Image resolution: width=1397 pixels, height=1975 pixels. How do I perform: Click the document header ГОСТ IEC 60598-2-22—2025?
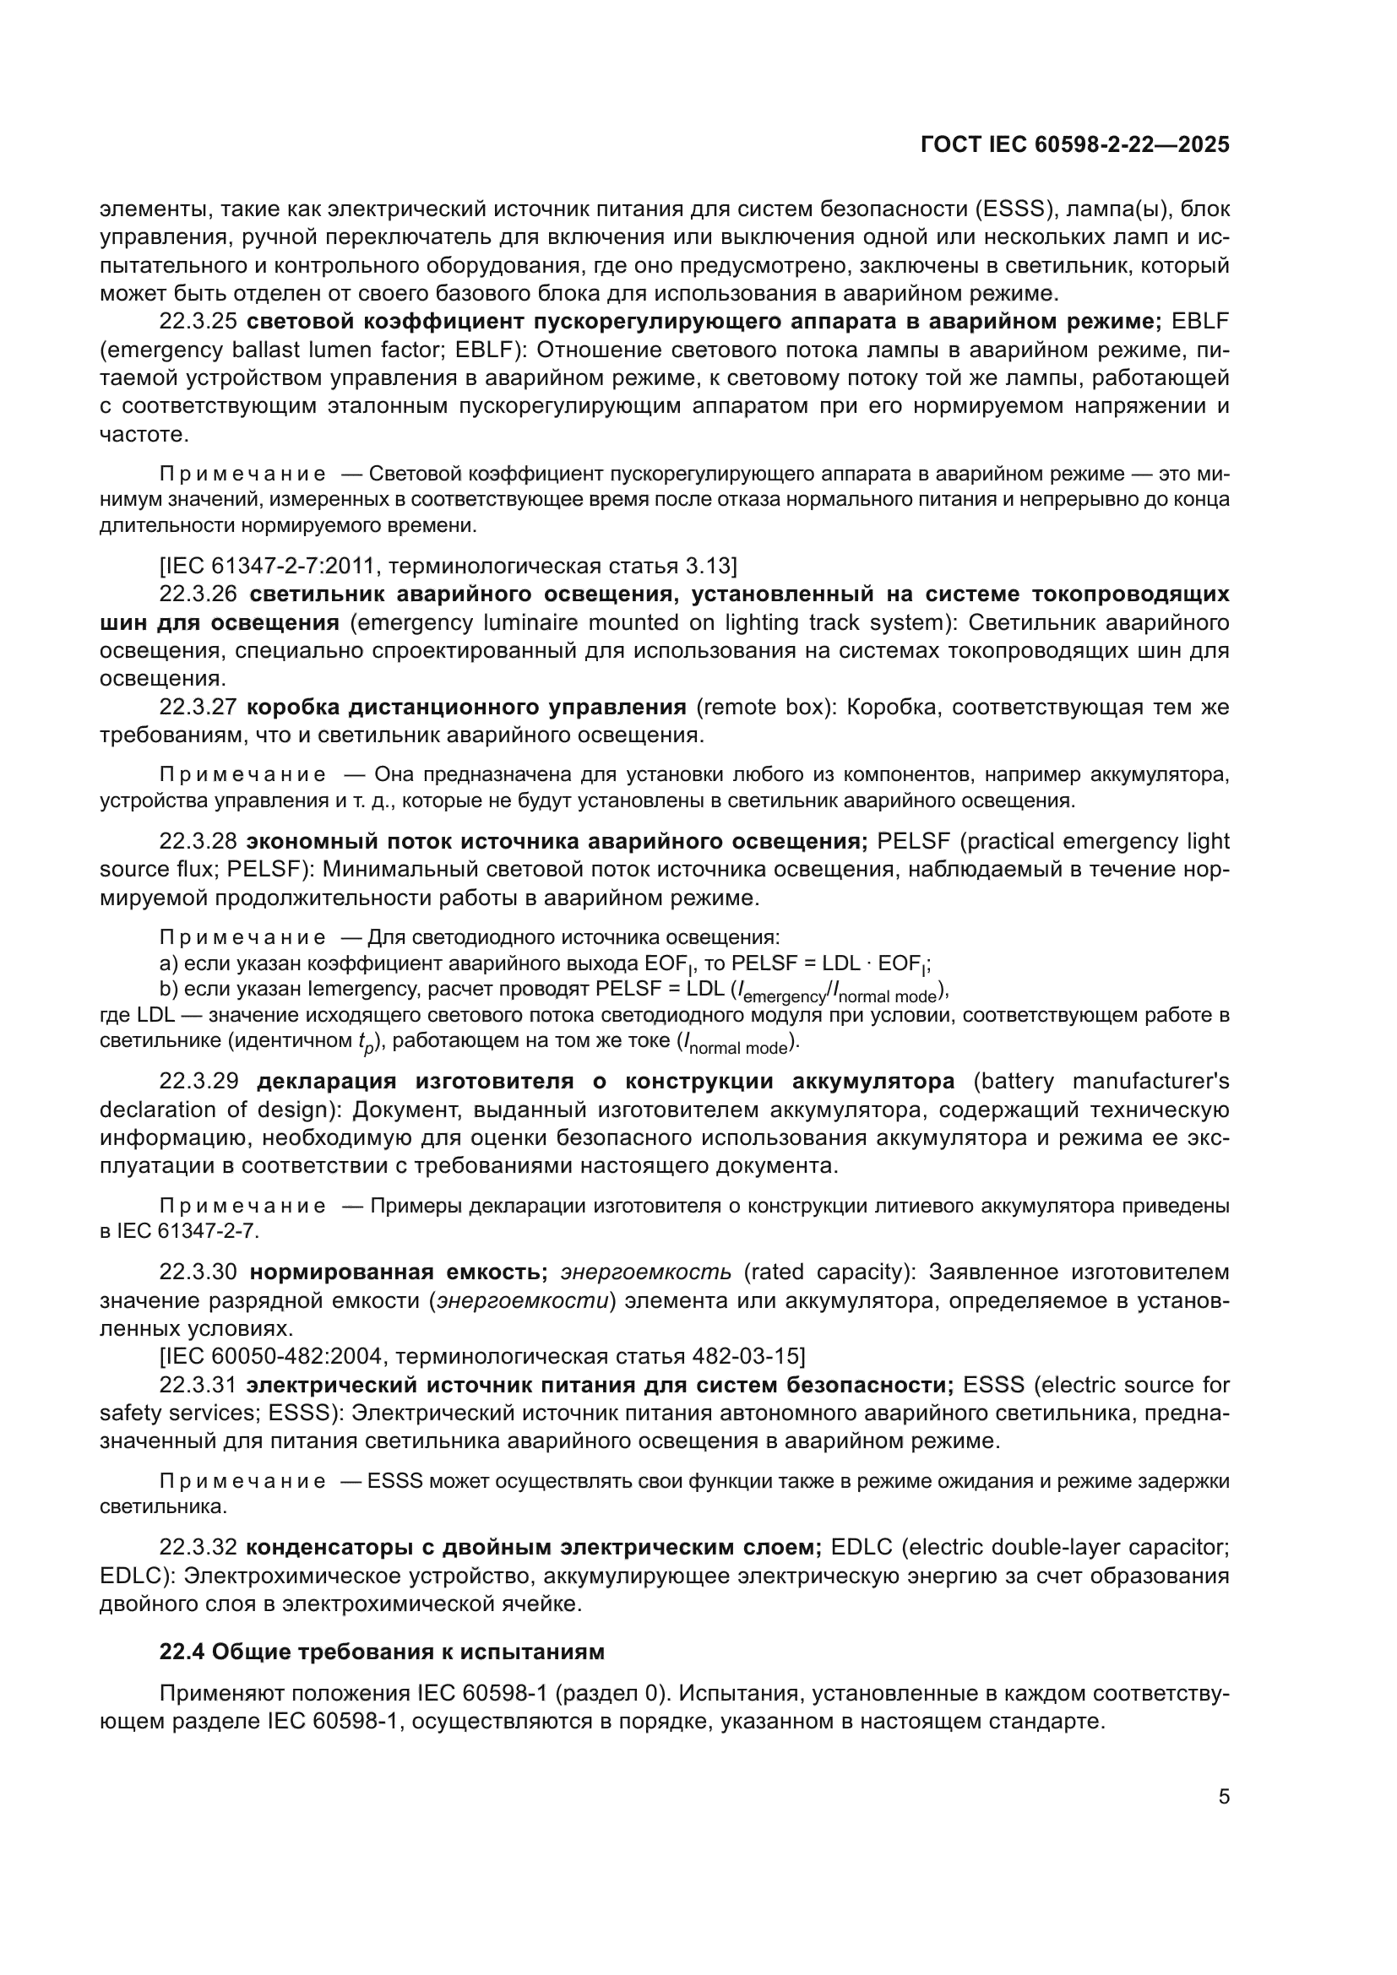[1074, 144]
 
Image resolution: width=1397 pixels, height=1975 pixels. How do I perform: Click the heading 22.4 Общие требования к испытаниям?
[382, 1652]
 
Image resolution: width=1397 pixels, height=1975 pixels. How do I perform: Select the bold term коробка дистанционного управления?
[466, 707]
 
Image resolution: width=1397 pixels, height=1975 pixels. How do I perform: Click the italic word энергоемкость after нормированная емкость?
[645, 1272]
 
